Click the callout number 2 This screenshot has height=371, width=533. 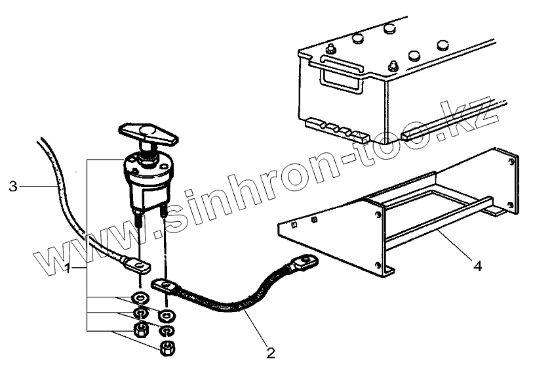[x=269, y=353]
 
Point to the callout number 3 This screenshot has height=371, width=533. [x=13, y=186]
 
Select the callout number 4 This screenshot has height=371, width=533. [x=477, y=267]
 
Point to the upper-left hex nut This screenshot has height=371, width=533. [x=139, y=329]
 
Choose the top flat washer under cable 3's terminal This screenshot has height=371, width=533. [x=139, y=296]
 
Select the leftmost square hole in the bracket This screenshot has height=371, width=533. [x=293, y=225]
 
